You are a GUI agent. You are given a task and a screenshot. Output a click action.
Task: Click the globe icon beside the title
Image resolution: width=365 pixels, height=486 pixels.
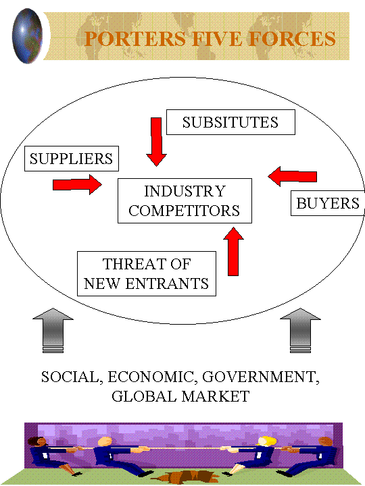point(27,36)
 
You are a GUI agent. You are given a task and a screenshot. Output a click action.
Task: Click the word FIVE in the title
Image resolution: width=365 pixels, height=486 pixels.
point(217,39)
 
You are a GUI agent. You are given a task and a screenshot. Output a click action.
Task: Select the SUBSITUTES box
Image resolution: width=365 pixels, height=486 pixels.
point(230,122)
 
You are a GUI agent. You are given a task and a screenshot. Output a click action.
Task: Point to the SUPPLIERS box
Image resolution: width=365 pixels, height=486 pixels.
point(72,159)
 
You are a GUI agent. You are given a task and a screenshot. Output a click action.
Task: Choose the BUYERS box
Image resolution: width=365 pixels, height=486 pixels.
point(327,203)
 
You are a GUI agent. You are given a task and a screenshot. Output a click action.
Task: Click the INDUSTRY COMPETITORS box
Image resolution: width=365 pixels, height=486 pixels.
point(185,201)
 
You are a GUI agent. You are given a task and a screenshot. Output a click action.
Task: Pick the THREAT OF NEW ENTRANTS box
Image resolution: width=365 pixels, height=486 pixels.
point(147,273)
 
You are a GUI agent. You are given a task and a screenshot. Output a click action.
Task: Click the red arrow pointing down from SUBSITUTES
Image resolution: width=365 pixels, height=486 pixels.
point(156,142)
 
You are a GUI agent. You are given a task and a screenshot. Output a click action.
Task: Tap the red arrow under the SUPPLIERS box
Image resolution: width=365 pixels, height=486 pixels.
point(77,184)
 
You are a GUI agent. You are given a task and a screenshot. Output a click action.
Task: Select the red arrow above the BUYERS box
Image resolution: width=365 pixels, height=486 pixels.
point(293,176)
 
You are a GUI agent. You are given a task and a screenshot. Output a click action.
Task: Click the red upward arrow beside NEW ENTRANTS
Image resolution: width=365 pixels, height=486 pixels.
point(233,251)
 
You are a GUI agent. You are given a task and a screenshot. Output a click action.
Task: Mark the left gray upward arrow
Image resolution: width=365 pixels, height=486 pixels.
point(53,330)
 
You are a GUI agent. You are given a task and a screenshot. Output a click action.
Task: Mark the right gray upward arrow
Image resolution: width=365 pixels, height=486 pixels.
point(300,330)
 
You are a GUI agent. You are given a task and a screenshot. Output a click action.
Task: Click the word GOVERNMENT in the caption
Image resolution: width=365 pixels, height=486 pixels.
point(261,377)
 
